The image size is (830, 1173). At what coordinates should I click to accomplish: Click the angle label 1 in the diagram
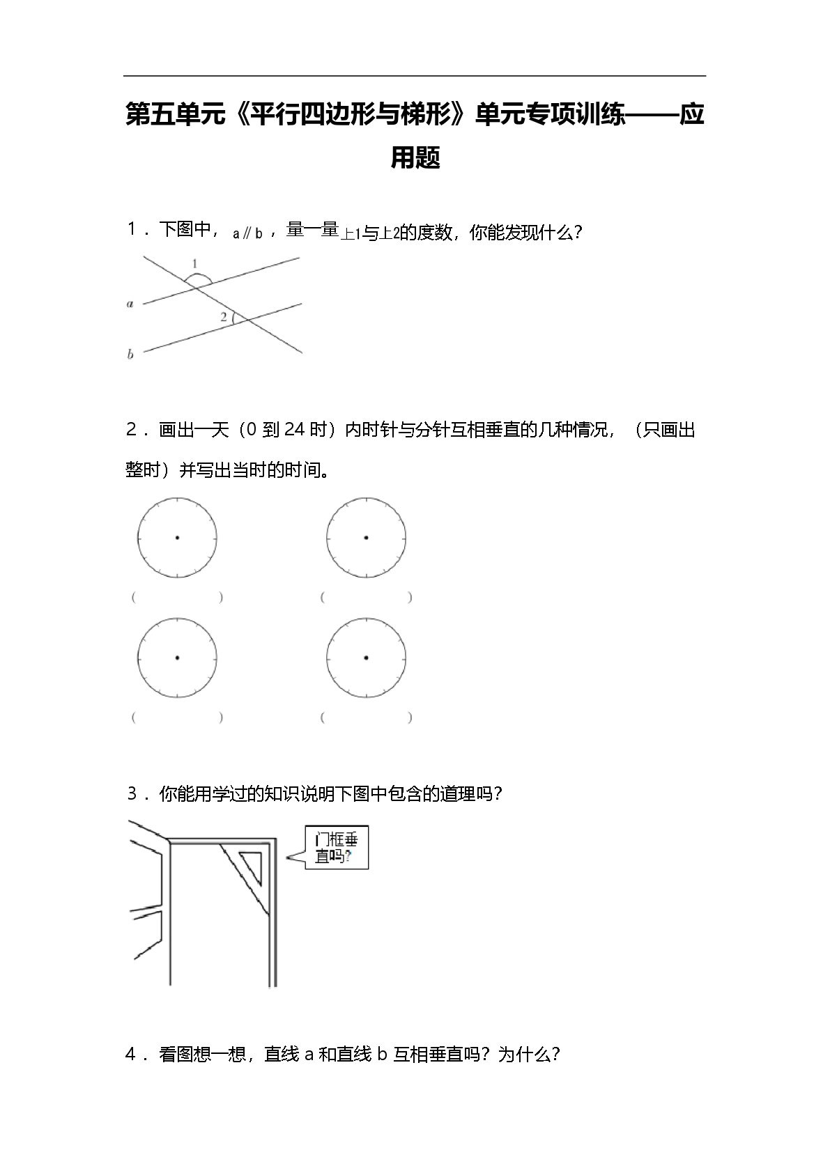coord(194,264)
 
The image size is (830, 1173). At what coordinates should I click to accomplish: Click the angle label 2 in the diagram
coord(224,317)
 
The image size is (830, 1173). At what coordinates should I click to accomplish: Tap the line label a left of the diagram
coord(130,304)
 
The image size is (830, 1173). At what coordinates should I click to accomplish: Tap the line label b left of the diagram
coord(130,355)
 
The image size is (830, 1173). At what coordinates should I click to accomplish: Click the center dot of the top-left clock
coord(178,538)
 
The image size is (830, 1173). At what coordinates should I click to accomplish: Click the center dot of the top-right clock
coord(366,538)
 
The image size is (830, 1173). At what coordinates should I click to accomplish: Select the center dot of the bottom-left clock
coord(178,658)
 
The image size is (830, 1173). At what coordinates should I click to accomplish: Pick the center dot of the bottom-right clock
coord(366,658)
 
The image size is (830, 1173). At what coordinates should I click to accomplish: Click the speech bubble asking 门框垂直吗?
coord(336,848)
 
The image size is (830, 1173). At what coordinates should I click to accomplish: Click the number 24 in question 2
coord(295,430)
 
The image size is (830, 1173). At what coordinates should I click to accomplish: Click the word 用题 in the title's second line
coord(415,157)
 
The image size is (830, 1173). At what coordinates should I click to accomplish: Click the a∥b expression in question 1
coord(247,234)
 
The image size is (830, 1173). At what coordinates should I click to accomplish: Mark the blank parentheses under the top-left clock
coord(178,598)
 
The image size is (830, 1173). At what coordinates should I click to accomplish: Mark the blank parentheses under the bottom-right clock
coord(366,717)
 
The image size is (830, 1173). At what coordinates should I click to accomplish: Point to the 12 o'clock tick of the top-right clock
coord(367,501)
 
